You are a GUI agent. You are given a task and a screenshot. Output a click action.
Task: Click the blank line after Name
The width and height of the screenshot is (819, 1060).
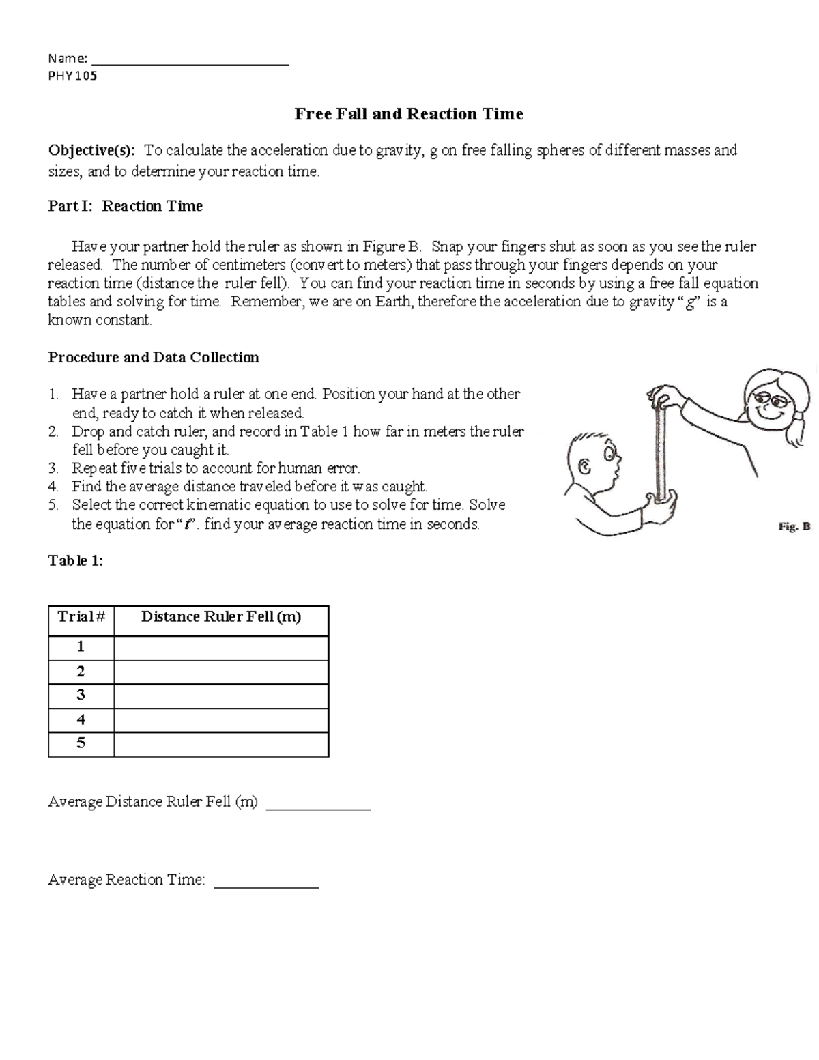(x=190, y=61)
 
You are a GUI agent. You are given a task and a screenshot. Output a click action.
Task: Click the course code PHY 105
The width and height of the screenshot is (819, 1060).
(x=72, y=76)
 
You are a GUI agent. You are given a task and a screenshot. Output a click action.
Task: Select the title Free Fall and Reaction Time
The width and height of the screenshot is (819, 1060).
(x=409, y=114)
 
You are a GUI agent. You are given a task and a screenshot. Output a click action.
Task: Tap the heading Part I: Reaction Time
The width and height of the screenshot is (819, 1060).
(x=125, y=206)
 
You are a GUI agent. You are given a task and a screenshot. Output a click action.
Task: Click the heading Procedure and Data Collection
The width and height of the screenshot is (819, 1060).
(x=154, y=358)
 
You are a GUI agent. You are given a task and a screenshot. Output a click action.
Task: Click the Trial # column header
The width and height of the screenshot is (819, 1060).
(x=81, y=618)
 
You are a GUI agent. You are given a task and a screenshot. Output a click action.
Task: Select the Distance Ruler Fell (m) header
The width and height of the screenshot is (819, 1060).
(x=221, y=618)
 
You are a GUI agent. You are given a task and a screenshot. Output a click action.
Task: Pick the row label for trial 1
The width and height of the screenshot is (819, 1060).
(x=81, y=647)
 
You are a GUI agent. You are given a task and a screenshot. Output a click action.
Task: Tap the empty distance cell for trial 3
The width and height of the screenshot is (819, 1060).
(x=221, y=696)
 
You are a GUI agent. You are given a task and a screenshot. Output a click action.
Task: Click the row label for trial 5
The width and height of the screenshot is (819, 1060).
(x=81, y=744)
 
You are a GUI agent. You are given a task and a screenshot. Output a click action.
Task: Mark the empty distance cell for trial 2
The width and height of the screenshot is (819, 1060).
(x=221, y=672)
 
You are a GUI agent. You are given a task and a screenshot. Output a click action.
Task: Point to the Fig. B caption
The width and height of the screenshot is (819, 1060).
(x=794, y=526)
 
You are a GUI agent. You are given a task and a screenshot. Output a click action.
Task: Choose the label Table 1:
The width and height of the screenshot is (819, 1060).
(x=76, y=561)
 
